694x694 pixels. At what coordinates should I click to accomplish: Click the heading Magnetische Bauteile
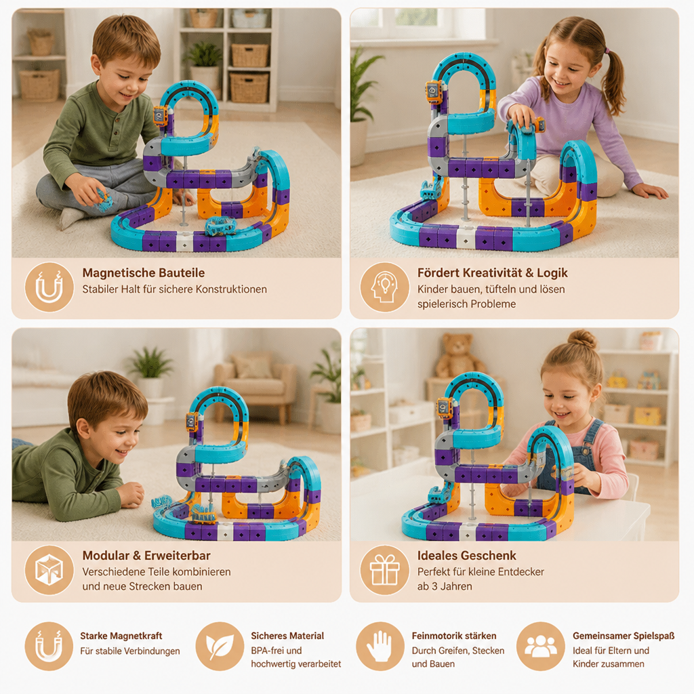click(144, 272)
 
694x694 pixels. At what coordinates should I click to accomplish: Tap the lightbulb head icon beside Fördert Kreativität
click(384, 287)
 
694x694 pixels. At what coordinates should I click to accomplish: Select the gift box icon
click(384, 570)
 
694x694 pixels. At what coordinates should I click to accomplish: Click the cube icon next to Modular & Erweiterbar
click(49, 570)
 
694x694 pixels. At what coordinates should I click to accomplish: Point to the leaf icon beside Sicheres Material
click(220, 646)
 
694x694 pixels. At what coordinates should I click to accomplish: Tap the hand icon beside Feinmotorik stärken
click(380, 646)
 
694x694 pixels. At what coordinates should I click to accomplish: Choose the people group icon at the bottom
click(540, 646)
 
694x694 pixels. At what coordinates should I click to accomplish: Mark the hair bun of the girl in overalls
click(581, 339)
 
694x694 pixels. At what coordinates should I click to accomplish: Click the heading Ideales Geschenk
click(466, 556)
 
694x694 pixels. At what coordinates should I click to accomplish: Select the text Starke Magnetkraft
click(121, 636)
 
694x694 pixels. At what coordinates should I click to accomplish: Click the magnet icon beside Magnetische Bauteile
click(49, 287)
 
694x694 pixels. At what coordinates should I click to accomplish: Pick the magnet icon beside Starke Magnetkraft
click(49, 646)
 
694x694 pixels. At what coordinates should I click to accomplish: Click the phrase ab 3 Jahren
click(445, 586)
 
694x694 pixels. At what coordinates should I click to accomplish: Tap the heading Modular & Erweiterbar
click(146, 556)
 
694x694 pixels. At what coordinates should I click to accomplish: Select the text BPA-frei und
click(277, 651)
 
